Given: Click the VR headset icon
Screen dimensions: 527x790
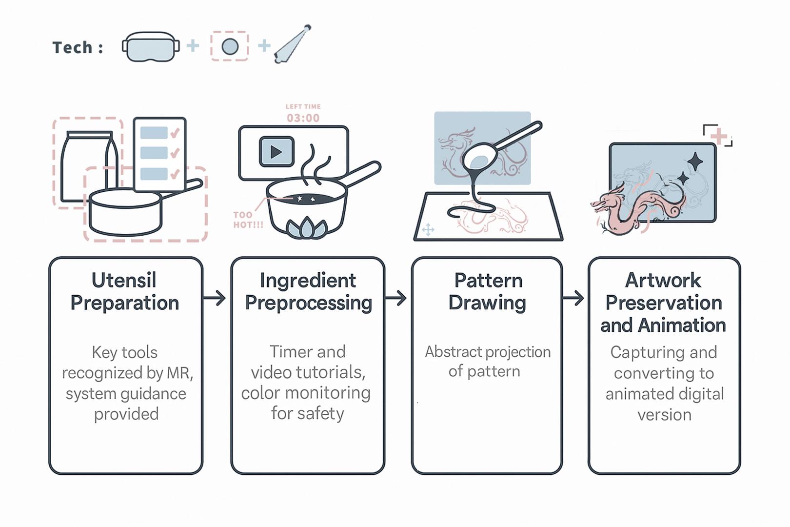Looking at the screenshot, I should [150, 47].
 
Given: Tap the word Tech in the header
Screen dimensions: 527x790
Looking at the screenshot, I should [72, 48].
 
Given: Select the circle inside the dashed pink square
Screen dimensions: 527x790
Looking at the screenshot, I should [230, 47].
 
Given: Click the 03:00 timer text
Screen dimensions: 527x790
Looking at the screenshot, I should [303, 118].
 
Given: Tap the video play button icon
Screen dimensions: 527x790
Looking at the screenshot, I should [276, 152].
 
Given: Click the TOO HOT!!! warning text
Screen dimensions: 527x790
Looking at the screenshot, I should [248, 220].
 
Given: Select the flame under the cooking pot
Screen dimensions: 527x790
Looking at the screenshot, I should [306, 228].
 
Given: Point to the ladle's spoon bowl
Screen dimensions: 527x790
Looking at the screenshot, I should [479, 158].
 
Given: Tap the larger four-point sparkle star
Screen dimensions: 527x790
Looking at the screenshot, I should [695, 162].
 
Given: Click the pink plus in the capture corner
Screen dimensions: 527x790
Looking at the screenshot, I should [719, 136].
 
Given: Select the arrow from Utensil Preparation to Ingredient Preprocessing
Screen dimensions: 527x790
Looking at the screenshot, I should [215, 298].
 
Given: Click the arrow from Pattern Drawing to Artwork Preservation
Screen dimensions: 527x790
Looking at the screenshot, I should [573, 298].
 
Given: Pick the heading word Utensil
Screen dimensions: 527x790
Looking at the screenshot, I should [124, 281].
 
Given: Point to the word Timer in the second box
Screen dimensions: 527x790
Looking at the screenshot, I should [288, 352].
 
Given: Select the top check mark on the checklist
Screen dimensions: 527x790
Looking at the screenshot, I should [175, 133].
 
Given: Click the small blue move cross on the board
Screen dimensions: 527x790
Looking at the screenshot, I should [428, 230].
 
